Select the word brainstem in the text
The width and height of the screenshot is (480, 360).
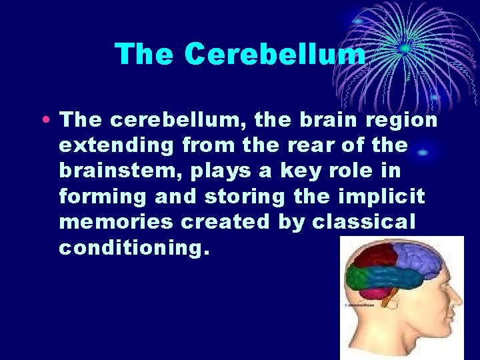pyautogui.click(x=119, y=171)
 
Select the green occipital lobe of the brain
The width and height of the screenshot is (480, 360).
pyautogui.click(x=356, y=279)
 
